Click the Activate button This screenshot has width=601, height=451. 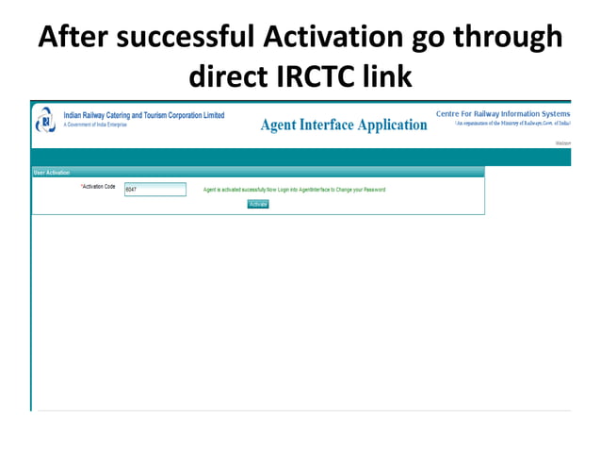(x=258, y=204)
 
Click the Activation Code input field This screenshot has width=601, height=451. (x=155, y=190)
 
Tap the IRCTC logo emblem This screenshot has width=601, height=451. (x=44, y=122)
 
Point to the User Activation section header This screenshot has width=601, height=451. (x=52, y=173)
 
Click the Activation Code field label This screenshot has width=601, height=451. (x=98, y=187)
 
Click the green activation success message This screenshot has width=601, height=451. (x=294, y=190)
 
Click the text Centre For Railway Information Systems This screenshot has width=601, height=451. (x=503, y=114)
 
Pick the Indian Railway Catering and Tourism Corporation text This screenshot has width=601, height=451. (x=143, y=115)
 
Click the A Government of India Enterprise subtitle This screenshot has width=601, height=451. (x=95, y=125)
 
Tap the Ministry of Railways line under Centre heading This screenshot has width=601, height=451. (x=512, y=124)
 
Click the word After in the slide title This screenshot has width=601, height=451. (x=75, y=38)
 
